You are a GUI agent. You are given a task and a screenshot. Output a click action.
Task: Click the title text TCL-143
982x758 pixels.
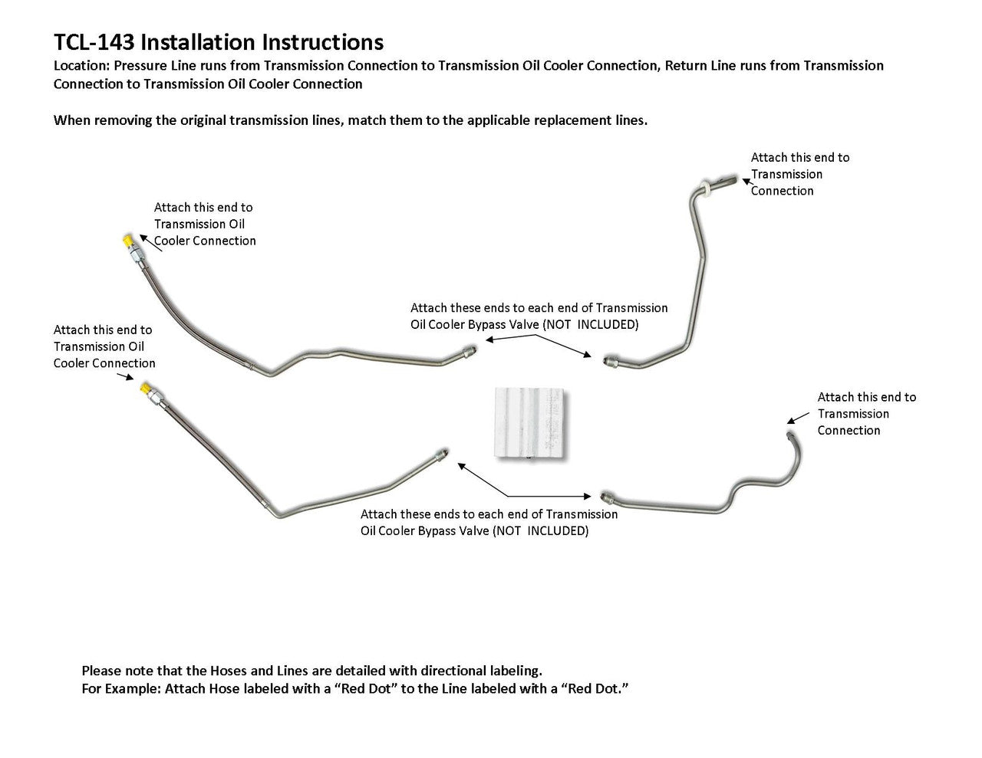coord(95,41)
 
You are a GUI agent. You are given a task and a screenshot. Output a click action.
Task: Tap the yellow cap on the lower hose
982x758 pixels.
coord(144,389)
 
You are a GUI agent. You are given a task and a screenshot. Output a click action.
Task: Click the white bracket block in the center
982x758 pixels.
coord(529,424)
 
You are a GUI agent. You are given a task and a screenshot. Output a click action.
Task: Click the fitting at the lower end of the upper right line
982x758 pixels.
coord(608,359)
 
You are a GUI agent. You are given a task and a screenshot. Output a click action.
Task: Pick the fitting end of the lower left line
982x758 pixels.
coord(440,453)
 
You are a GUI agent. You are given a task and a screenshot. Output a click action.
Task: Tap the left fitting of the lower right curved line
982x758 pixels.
coord(606,496)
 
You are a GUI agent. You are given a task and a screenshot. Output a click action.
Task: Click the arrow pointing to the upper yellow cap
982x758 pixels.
coord(150,243)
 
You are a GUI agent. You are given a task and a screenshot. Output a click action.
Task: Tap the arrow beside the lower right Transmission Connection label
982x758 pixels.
coord(798,418)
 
